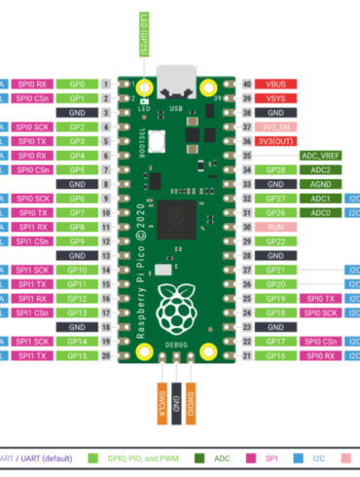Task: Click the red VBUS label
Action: click(276, 85)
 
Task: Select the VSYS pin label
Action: click(276, 98)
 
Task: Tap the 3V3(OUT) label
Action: click(276, 141)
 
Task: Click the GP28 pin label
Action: click(276, 169)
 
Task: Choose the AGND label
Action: click(320, 184)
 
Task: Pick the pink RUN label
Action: click(276, 227)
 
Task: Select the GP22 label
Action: click(276, 241)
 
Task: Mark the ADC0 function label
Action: click(320, 212)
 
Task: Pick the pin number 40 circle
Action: click(246, 85)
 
